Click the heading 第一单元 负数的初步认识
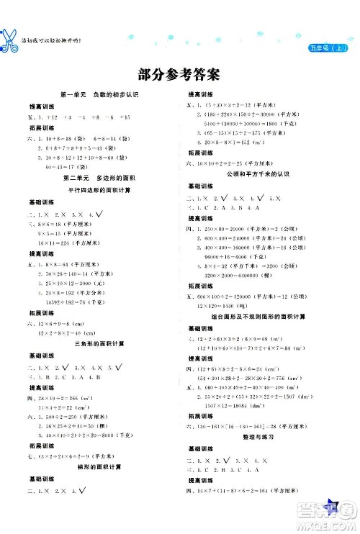pyautogui.click(x=91, y=96)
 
